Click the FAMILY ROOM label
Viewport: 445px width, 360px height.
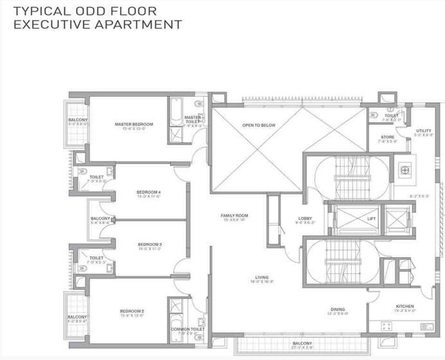tap(234, 216)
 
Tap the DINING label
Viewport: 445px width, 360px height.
tap(338, 309)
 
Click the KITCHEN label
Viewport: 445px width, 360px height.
tap(404, 307)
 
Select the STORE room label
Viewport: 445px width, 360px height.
tap(387, 136)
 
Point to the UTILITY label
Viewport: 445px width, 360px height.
tap(424, 130)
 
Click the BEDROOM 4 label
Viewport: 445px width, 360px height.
tap(149, 192)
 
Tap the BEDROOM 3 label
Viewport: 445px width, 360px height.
tap(149, 244)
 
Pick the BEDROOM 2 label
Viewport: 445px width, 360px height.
tap(131, 312)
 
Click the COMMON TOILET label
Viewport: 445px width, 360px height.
tap(188, 329)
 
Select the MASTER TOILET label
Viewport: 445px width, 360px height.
tap(192, 118)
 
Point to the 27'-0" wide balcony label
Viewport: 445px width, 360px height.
tap(302, 344)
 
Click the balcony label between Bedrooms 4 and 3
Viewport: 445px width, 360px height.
tap(100, 219)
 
